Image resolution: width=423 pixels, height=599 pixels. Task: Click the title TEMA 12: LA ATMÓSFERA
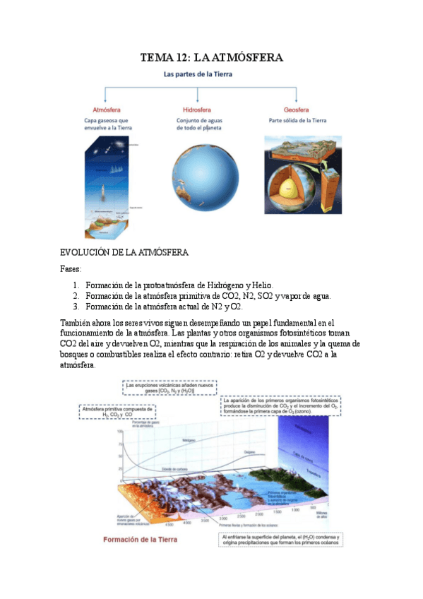(211, 58)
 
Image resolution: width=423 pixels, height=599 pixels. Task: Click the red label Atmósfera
(107, 109)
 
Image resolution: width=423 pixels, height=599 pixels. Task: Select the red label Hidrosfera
(198, 109)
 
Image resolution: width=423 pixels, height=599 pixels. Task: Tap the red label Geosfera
(297, 109)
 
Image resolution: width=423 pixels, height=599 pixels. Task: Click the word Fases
(71, 269)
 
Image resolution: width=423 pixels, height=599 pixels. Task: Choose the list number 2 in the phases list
(76, 296)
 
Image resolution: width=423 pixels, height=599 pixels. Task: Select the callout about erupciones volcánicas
(169, 388)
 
